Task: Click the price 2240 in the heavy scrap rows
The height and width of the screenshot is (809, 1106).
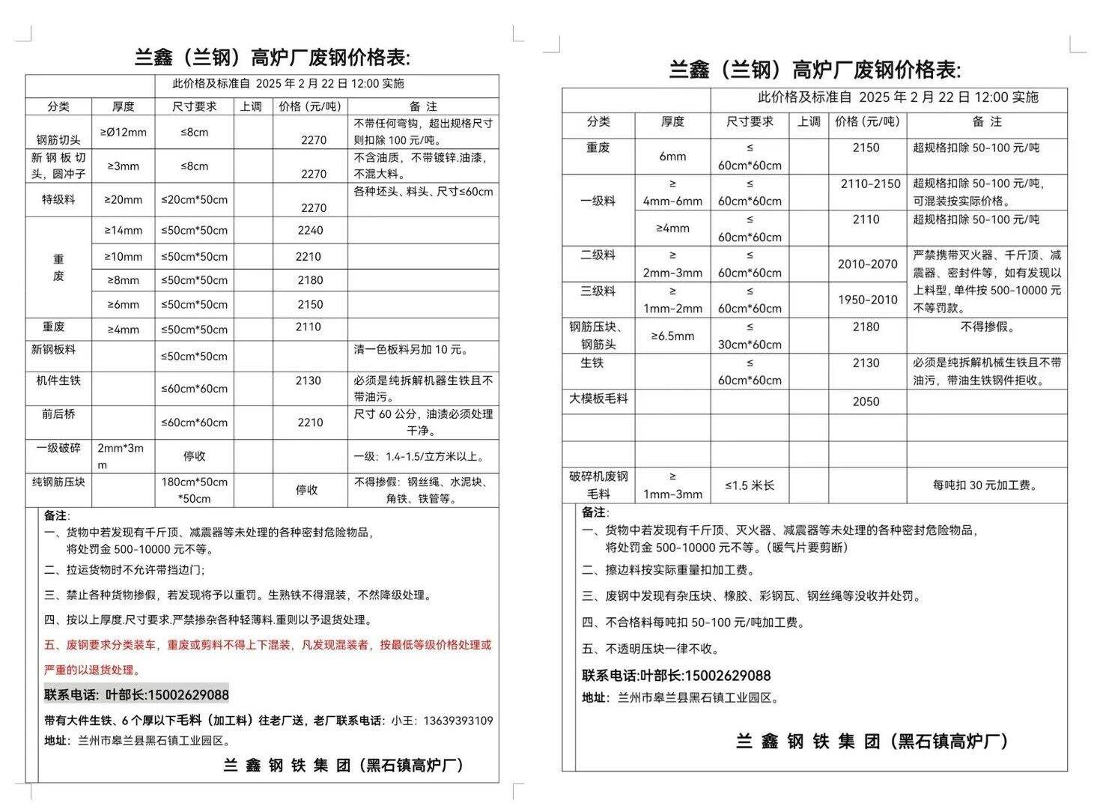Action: point(310,231)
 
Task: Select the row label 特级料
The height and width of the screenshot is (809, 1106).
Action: point(58,200)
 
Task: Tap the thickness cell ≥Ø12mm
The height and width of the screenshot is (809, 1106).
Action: point(123,133)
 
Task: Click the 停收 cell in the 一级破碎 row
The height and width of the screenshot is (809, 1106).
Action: point(195,456)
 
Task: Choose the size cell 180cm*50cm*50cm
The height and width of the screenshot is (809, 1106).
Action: point(195,490)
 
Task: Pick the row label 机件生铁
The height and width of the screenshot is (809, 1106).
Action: point(58,381)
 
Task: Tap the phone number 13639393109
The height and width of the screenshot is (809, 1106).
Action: point(458,721)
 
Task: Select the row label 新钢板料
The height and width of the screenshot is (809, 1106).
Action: point(53,350)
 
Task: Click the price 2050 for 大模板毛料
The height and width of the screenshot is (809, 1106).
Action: point(866,402)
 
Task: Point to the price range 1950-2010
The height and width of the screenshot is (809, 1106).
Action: point(867,300)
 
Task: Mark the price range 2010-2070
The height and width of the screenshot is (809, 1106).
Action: point(867,264)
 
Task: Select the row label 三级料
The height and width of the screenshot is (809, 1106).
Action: point(598,291)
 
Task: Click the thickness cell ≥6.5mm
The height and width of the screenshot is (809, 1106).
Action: point(672,336)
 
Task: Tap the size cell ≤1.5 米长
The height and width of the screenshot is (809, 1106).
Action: point(750,485)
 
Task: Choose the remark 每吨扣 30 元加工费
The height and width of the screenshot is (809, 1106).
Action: point(985,485)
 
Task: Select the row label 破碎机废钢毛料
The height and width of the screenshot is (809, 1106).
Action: point(598,485)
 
